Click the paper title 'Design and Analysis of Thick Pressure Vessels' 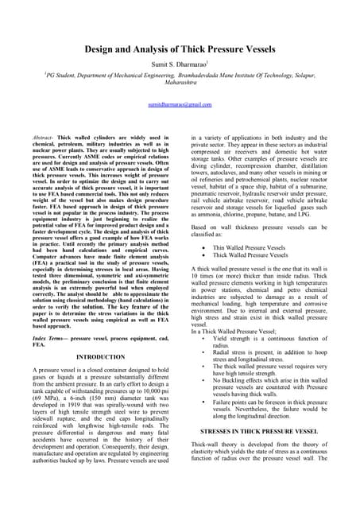tap(180, 49)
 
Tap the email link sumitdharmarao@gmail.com tap(180, 104)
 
